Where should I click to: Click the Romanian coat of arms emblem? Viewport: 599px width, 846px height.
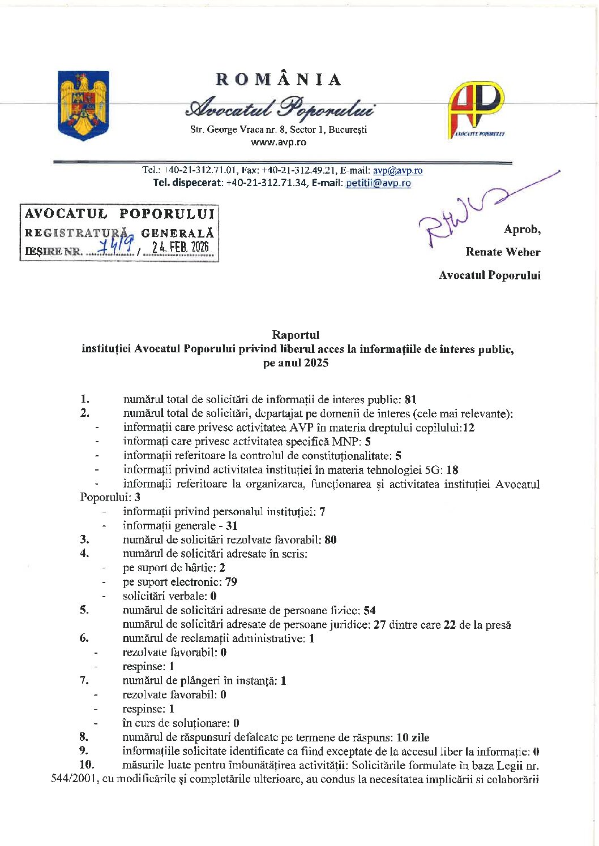tap(83, 105)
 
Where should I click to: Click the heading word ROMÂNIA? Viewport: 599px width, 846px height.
tap(279, 80)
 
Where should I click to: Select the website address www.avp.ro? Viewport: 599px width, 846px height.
tap(279, 143)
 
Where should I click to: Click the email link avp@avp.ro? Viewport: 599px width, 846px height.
tap(397, 170)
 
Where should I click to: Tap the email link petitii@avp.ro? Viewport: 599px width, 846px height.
tap(378, 183)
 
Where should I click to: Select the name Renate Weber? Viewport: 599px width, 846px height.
tap(503, 252)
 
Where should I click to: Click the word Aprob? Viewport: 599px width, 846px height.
tap(522, 229)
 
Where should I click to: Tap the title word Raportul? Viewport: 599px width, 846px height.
tap(296, 335)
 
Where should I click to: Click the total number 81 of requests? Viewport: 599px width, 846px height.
tap(411, 400)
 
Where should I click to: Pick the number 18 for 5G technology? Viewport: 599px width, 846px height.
tap(452, 470)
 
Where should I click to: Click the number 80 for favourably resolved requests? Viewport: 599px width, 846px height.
tap(331, 540)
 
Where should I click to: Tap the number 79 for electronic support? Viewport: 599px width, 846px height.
tap(231, 582)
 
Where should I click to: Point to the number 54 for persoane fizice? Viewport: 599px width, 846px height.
tap(370, 611)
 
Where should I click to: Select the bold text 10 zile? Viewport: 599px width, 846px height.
tap(413, 737)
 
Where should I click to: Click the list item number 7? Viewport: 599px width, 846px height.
tap(84, 680)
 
